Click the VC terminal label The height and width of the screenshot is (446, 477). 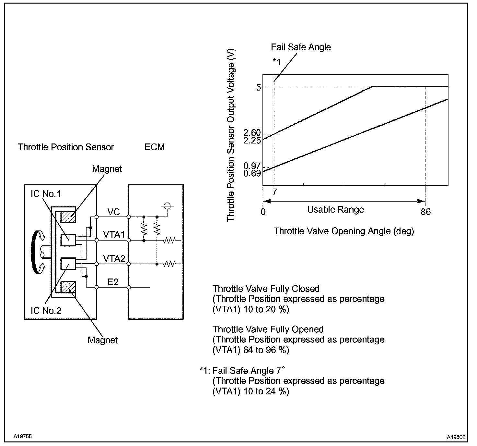tap(113, 212)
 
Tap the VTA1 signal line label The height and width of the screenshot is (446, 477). tap(114, 234)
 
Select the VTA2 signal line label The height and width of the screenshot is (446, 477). tap(114, 258)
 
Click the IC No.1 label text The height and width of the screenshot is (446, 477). tap(46, 194)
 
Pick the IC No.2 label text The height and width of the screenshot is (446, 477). tap(46, 311)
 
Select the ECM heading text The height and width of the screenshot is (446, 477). tap(155, 147)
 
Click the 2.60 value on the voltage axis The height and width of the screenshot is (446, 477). tap(252, 132)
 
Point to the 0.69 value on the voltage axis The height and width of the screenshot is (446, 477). tap(252, 173)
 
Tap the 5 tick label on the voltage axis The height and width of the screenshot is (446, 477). tap(259, 87)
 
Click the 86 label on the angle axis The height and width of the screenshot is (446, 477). tap(426, 212)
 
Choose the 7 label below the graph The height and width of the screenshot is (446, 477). tap(274, 192)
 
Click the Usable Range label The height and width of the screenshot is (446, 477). tap(335, 210)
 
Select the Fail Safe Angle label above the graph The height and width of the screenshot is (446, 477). tap(301, 47)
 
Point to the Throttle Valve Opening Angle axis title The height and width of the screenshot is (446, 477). tap(344, 231)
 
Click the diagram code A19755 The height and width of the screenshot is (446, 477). tap(23, 436)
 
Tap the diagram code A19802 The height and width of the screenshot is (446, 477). tap(456, 437)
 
